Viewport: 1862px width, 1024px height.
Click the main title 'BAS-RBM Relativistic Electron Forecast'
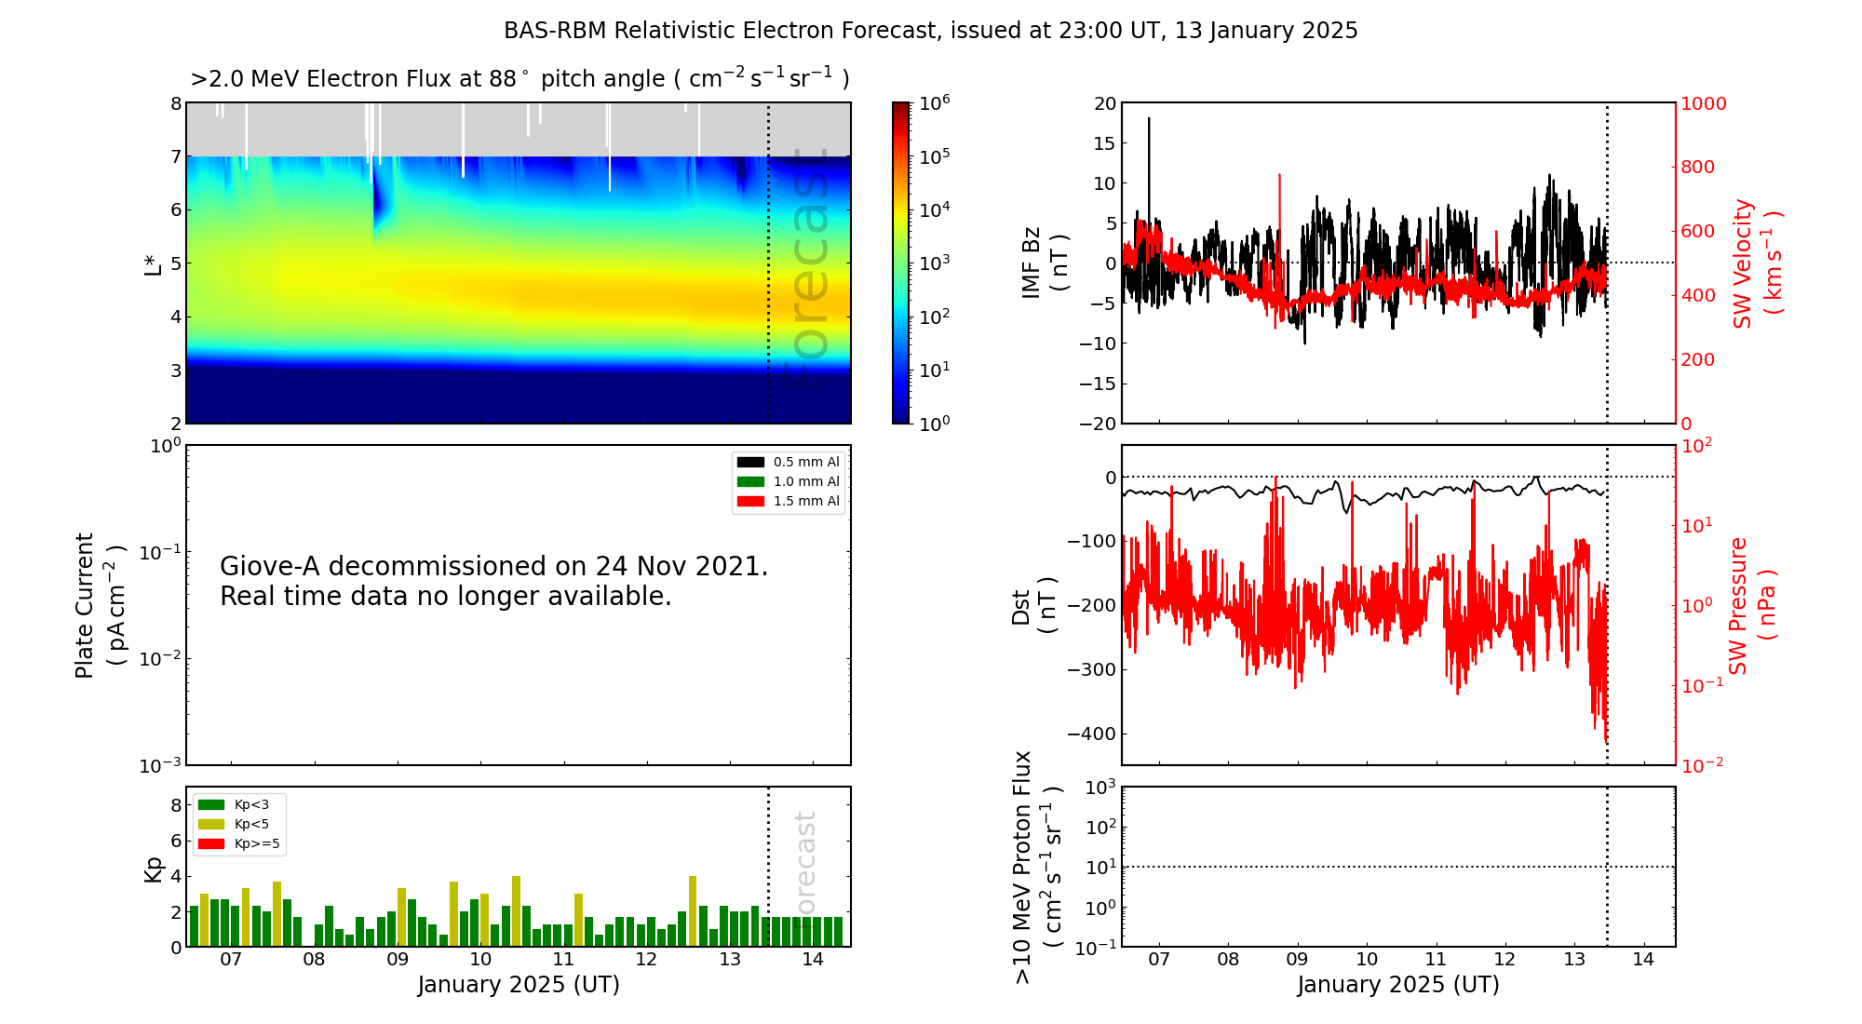[x=721, y=31]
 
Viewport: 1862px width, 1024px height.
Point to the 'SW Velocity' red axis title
[x=1743, y=263]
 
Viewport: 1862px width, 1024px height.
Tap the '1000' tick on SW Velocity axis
[x=1703, y=103]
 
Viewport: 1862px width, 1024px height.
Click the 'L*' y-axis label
[x=154, y=263]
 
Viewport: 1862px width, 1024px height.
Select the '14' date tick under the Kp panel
[x=813, y=960]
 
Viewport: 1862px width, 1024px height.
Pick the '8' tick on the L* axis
[x=176, y=103]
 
